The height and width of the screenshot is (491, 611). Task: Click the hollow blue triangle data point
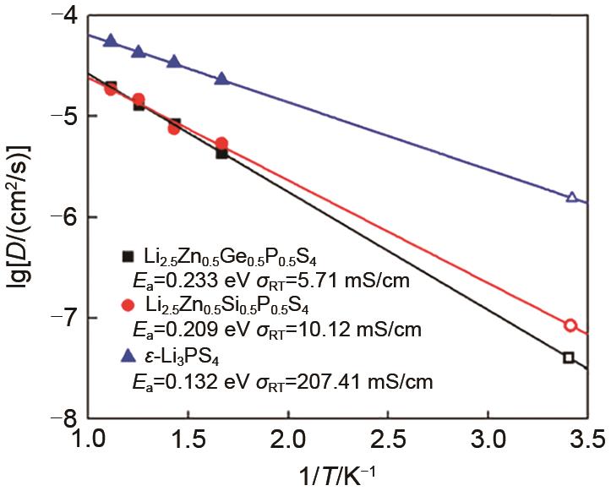pyautogui.click(x=572, y=197)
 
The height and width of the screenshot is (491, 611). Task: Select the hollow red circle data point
pyautogui.click(x=570, y=325)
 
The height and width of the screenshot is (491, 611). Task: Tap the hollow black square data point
pyautogui.click(x=569, y=357)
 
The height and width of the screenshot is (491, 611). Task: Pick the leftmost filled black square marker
pyautogui.click(x=111, y=86)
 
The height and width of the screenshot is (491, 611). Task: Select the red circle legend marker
pyautogui.click(x=128, y=305)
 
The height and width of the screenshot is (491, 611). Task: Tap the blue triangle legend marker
pyautogui.click(x=128, y=356)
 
